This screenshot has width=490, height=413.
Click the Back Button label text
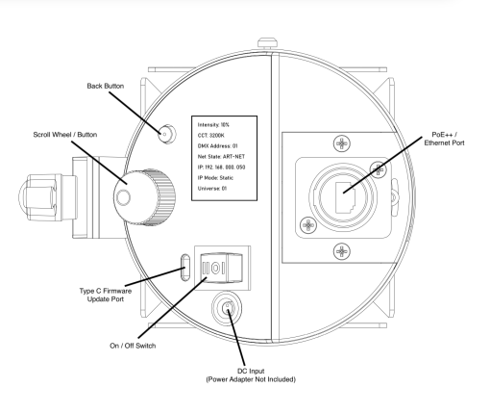(106, 86)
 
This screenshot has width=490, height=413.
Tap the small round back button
(167, 134)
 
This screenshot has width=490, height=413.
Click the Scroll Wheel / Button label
(65, 135)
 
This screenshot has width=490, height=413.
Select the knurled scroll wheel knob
(144, 197)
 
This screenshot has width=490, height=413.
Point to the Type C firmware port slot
(185, 268)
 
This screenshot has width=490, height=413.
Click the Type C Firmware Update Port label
(106, 295)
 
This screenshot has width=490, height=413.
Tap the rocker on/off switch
(221, 268)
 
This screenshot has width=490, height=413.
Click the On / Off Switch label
(133, 346)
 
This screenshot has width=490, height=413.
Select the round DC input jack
(227, 308)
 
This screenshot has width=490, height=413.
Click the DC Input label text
(251, 375)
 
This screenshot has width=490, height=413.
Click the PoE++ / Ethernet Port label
(444, 139)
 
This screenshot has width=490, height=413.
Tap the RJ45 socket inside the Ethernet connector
(345, 197)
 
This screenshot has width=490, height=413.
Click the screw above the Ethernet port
(342, 143)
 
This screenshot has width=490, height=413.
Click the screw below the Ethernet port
(342, 251)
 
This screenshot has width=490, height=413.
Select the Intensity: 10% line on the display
(213, 125)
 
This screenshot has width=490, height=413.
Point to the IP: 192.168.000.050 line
(221, 168)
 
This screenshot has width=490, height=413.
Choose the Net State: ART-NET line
(221, 157)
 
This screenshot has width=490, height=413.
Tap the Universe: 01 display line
(212, 189)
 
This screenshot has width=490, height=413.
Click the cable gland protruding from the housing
(48, 197)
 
